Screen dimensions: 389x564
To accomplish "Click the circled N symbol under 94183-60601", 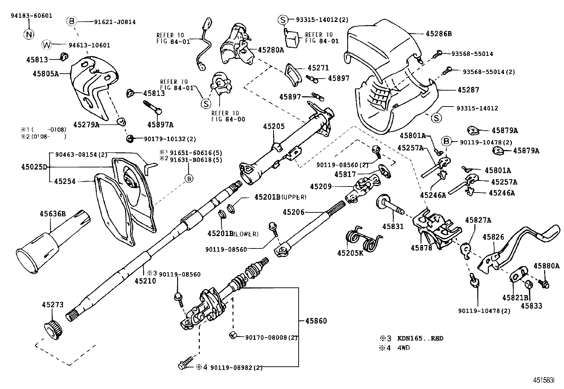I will click(x=29, y=34).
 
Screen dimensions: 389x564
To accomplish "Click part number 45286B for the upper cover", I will click(x=439, y=34).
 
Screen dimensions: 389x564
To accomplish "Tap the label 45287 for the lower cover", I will click(x=468, y=90).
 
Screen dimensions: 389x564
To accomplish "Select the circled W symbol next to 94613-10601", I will click(x=47, y=45).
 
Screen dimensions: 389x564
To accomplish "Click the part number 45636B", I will click(x=52, y=214).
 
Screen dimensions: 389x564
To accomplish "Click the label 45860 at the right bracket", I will click(x=316, y=321).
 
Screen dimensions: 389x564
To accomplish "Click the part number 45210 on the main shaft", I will click(x=145, y=281).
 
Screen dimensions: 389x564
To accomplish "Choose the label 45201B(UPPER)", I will click(x=280, y=197).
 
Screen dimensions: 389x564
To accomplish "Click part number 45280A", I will click(x=271, y=50).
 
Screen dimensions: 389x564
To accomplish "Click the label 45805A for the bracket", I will click(x=45, y=74).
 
